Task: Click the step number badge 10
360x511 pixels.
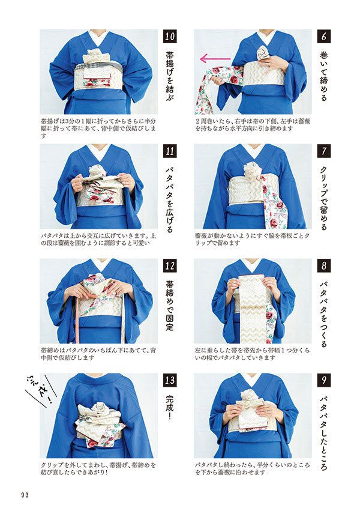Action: [170, 37]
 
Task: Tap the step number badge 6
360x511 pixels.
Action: [323, 37]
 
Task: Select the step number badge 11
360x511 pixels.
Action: [170, 151]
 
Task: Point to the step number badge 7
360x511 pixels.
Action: [323, 151]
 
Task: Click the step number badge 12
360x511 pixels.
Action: [170, 265]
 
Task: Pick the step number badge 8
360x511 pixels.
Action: [323, 265]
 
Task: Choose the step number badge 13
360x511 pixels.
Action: [170, 380]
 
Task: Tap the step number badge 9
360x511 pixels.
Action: [323, 380]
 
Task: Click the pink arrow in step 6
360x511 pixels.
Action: [215, 59]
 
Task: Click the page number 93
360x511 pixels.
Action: [25, 495]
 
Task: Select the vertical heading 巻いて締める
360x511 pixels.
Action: [323, 76]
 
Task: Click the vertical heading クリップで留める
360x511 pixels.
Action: [323, 198]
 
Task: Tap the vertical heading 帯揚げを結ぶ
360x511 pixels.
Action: [170, 76]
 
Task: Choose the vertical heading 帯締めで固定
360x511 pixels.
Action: [170, 305]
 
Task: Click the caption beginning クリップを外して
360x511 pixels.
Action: [98, 468]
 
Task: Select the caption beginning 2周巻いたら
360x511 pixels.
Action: [253, 125]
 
